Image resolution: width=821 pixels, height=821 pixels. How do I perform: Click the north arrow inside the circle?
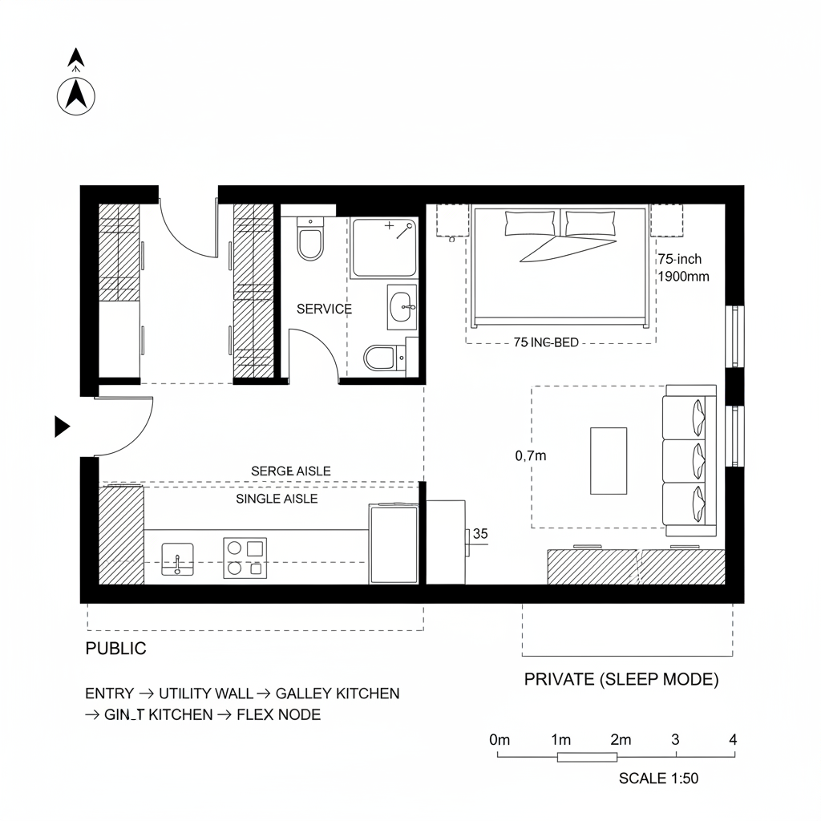tap(76, 96)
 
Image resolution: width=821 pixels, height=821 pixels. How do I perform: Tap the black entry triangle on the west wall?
tap(61, 427)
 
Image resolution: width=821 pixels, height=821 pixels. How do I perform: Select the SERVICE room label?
tap(324, 309)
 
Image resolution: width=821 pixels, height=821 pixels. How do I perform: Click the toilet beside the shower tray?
tap(309, 241)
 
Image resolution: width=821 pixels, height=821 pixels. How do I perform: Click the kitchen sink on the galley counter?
tap(177, 558)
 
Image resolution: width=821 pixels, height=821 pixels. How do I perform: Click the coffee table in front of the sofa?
tap(609, 461)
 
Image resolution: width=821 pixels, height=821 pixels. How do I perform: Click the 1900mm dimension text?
tap(682, 276)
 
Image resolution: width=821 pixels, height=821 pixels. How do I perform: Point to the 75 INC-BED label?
tap(545, 342)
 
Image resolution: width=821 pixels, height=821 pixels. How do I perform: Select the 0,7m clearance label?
tap(530, 456)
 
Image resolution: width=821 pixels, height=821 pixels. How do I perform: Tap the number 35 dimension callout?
tap(481, 532)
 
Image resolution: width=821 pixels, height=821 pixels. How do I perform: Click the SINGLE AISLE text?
tap(277, 499)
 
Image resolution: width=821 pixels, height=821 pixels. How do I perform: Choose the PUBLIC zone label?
tap(115, 649)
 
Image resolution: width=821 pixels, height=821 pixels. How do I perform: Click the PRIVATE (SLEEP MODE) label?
tap(621, 679)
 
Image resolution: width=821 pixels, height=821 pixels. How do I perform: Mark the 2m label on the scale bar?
tap(620, 739)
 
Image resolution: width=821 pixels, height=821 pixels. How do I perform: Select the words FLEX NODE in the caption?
tap(278, 714)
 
